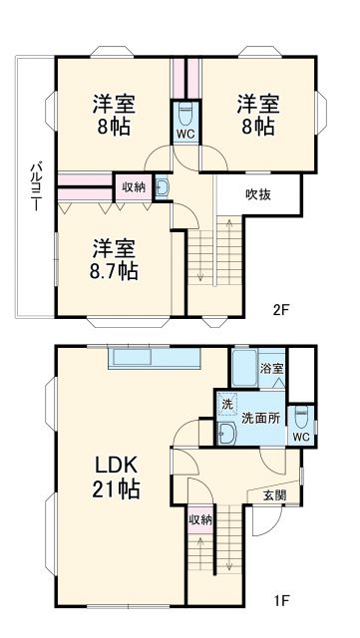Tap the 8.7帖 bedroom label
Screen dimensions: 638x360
116,258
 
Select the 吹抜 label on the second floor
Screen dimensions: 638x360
259,196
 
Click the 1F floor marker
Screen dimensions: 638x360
282,601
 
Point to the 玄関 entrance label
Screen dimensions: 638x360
274,494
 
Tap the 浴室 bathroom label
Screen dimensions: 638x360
272,369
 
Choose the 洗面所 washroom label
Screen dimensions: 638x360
260,418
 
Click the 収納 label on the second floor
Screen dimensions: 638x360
134,185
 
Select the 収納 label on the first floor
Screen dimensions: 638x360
198,518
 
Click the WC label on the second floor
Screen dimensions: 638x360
185,133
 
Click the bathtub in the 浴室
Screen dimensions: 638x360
243,370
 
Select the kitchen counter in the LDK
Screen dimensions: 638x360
156,358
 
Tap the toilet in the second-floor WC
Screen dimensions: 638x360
185,111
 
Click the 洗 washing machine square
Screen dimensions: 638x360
227,405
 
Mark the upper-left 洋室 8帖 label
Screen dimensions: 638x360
116,116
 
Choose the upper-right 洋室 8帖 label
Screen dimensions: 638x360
256,116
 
